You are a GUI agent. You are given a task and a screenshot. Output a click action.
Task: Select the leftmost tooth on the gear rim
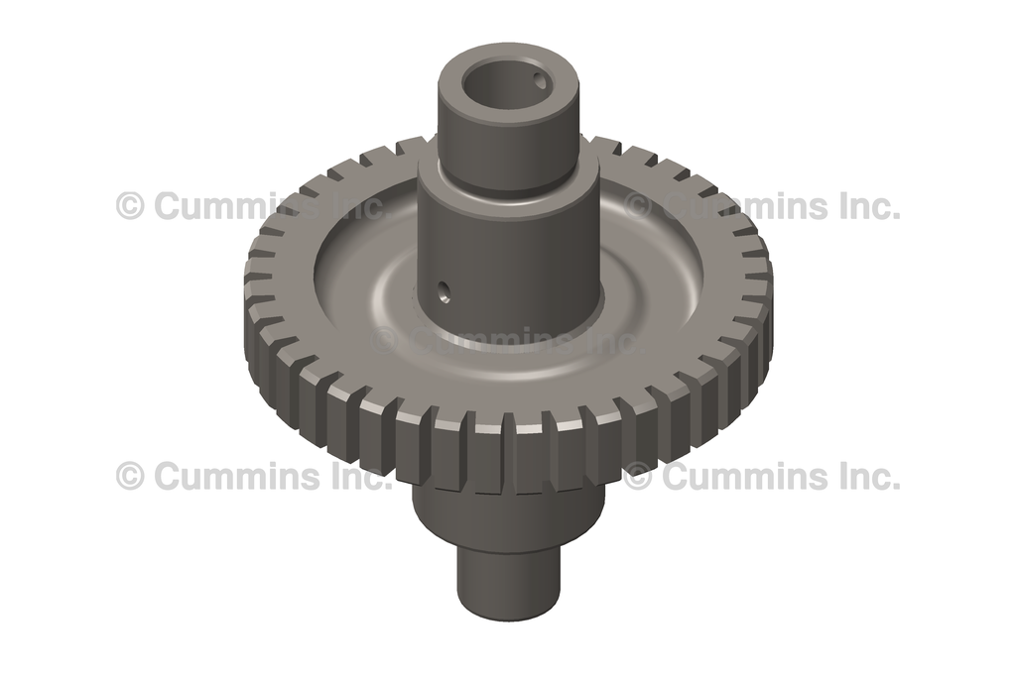pos(256,297)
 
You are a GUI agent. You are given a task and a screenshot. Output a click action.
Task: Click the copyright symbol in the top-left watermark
pos(130,206)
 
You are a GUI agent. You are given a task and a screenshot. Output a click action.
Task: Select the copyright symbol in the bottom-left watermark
pos(130,476)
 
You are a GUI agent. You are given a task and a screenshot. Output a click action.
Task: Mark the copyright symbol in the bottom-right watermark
pos(637,476)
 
